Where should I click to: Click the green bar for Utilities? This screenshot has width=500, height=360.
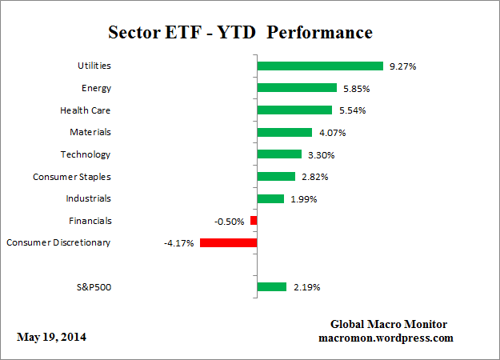point(320,66)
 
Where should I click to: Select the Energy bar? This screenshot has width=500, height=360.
point(297,88)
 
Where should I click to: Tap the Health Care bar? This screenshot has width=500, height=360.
point(294,110)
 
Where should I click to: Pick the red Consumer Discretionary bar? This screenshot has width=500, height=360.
point(228,242)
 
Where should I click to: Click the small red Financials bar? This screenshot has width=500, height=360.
point(254,220)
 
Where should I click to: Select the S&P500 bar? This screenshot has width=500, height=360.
point(271,286)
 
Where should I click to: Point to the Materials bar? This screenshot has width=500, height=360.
point(284,132)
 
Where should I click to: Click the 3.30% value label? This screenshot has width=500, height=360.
point(321,154)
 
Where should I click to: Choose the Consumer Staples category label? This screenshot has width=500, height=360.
point(71,176)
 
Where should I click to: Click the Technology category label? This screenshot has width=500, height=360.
point(86,154)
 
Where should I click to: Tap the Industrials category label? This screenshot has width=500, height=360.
point(88,198)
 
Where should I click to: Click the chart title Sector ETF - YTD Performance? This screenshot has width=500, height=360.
point(240,33)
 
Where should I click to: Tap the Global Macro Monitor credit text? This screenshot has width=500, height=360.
point(389,324)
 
